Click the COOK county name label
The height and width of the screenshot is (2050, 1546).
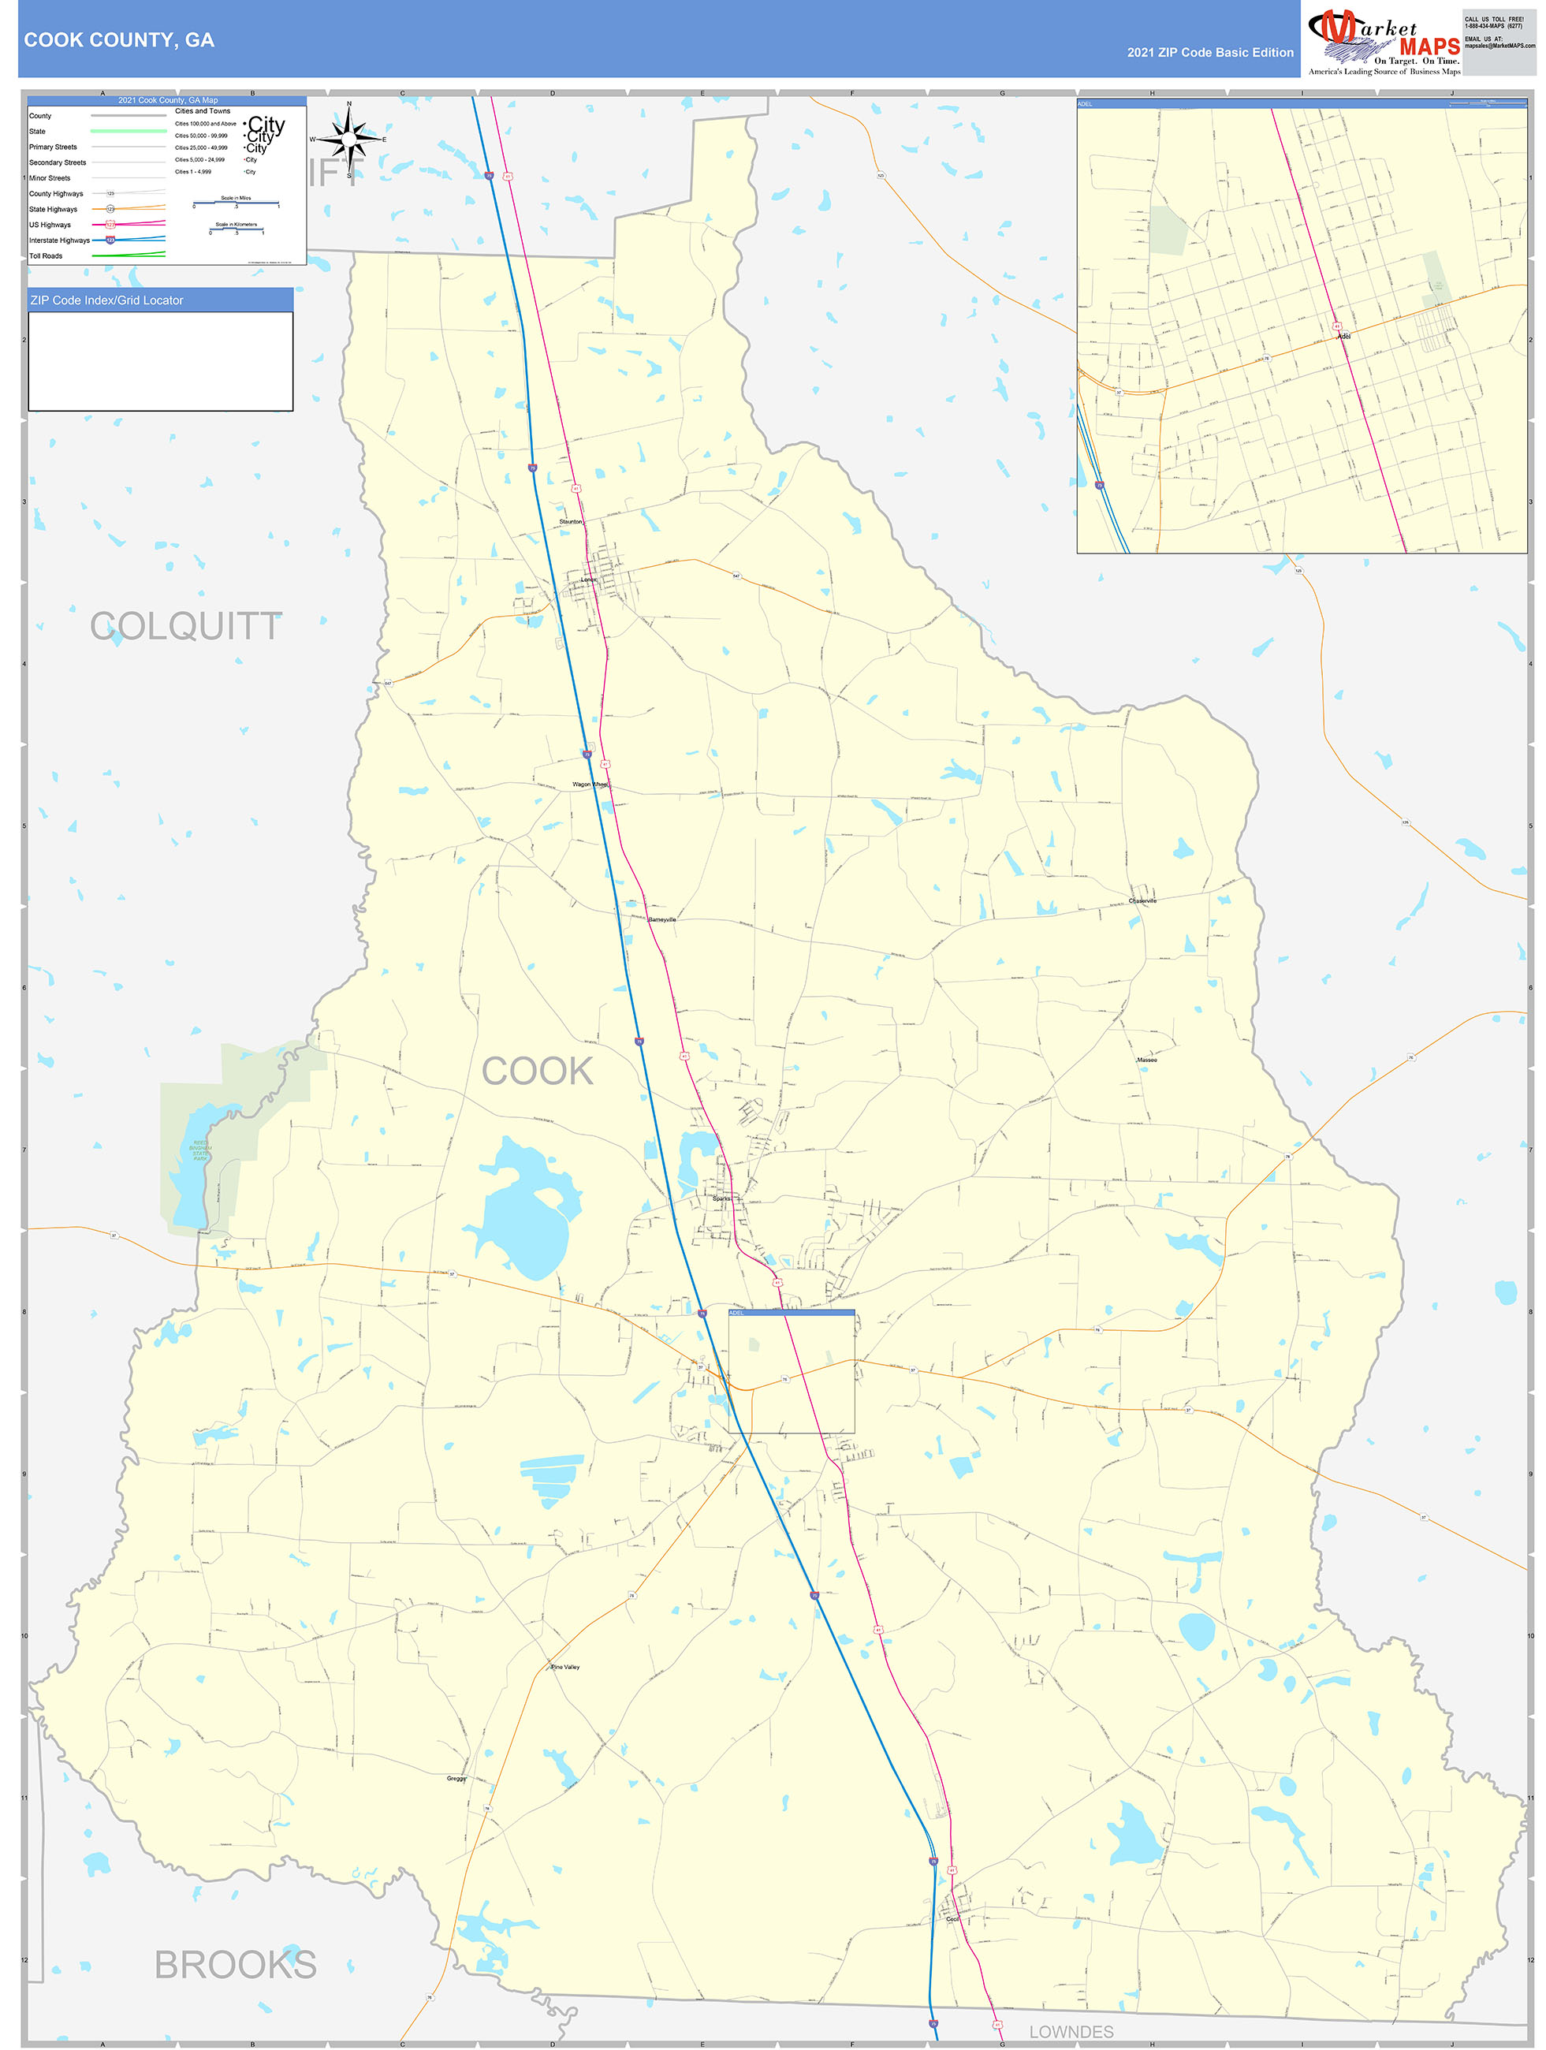click(537, 1072)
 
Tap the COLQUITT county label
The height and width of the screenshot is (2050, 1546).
click(185, 627)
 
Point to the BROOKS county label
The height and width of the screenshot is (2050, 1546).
click(236, 1964)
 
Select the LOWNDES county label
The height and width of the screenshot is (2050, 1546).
click(1071, 2031)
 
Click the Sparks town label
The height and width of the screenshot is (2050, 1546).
click(721, 1198)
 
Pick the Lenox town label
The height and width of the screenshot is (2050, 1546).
click(589, 580)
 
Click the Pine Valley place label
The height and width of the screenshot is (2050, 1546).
click(565, 1666)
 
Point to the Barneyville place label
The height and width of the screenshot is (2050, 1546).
click(661, 919)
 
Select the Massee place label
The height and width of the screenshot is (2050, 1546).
click(1146, 1059)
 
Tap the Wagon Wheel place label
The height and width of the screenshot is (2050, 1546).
click(590, 784)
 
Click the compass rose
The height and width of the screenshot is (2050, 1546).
click(348, 138)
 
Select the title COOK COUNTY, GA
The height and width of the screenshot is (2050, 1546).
click(118, 40)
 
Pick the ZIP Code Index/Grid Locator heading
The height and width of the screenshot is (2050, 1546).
click(106, 300)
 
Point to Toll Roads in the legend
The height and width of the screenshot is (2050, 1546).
click(46, 255)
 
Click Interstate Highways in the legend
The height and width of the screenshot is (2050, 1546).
click(59, 240)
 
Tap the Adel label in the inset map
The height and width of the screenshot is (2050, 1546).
click(1343, 337)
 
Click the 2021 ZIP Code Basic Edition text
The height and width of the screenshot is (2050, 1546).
click(1209, 52)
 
